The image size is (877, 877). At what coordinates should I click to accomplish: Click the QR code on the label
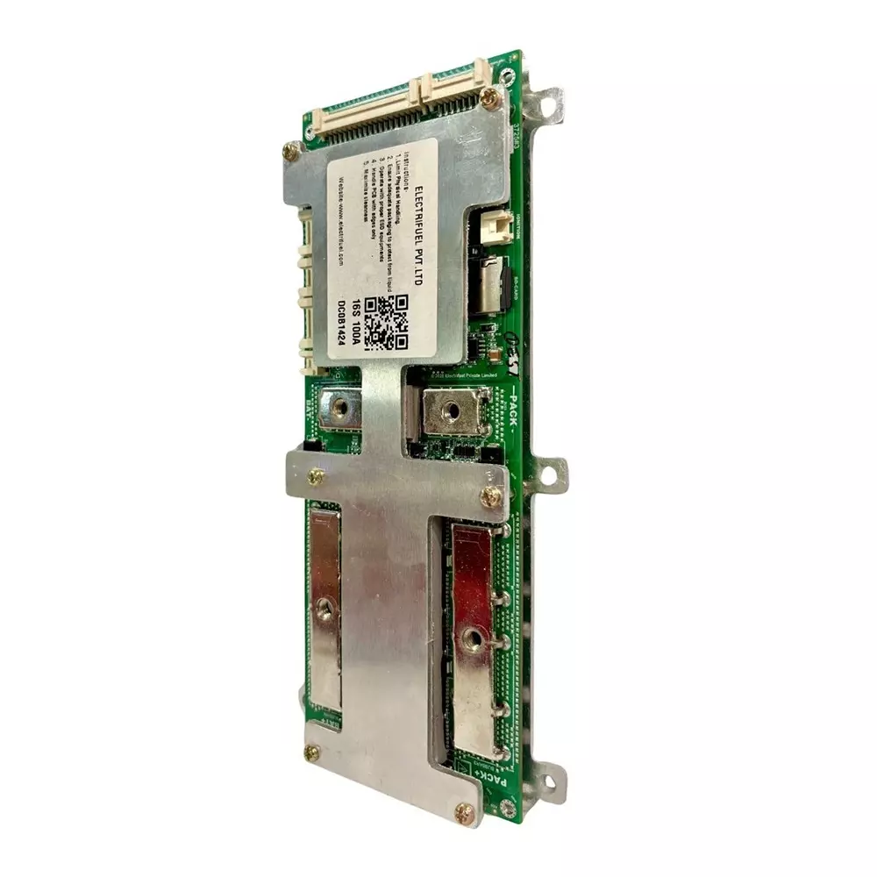pyautogui.click(x=387, y=321)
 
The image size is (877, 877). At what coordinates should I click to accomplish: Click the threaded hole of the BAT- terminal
pyautogui.click(x=339, y=405)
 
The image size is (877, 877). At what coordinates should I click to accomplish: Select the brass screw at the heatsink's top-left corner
pyautogui.click(x=291, y=151)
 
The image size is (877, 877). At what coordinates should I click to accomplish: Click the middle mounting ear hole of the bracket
pyautogui.click(x=550, y=477)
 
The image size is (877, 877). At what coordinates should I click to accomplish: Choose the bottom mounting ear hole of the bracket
pyautogui.click(x=551, y=777)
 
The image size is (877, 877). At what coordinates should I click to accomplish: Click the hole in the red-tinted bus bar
pyautogui.click(x=473, y=639)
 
